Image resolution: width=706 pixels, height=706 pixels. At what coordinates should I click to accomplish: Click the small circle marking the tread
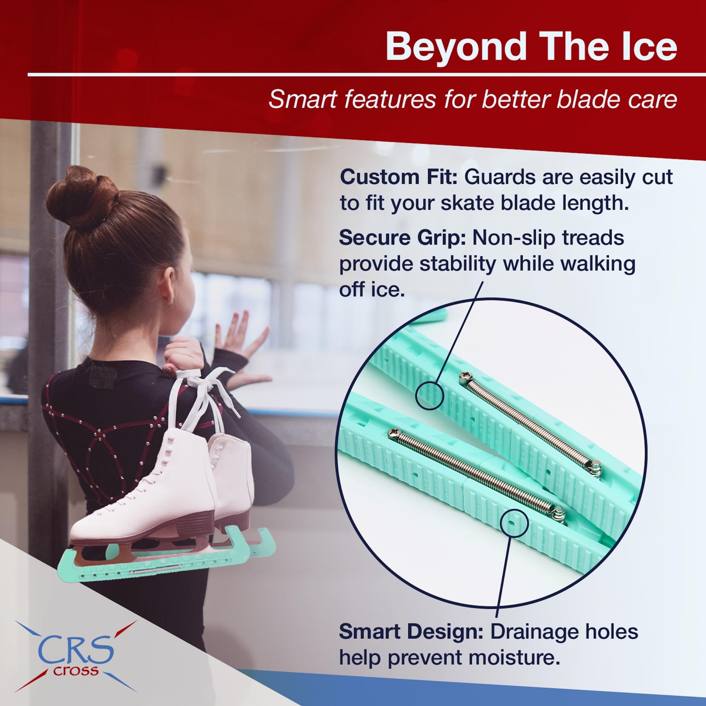pyautogui.click(x=430, y=395)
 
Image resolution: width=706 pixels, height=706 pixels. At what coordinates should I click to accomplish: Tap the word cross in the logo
pyautogui.click(x=76, y=671)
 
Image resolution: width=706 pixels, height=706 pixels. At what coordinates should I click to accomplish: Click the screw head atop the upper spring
pyautogui.click(x=465, y=377)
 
